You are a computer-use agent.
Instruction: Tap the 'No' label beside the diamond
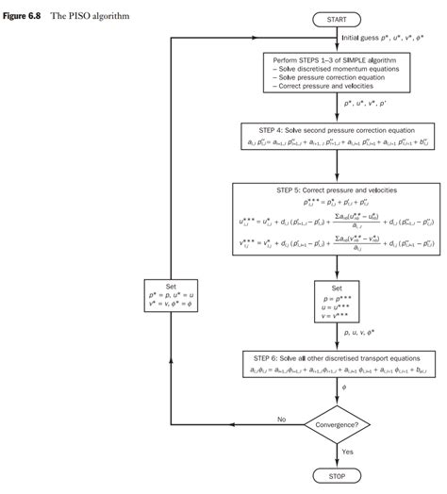point(281,418)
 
